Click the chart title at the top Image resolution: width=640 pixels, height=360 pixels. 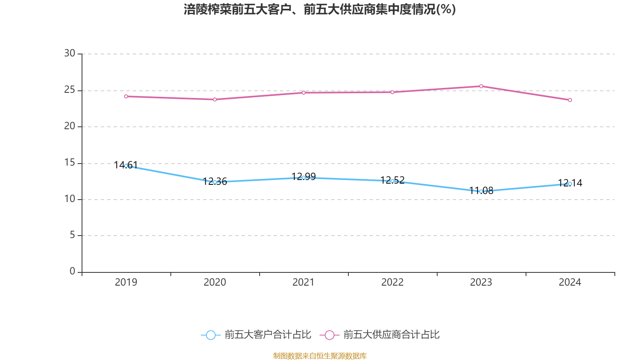click(x=320, y=9)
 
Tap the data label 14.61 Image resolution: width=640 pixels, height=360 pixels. click(x=126, y=165)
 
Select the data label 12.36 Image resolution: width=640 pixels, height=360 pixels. click(x=215, y=181)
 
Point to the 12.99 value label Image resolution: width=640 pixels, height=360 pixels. click(x=304, y=176)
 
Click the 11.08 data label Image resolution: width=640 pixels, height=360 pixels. click(x=481, y=190)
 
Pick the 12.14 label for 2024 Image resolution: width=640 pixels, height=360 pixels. click(x=570, y=183)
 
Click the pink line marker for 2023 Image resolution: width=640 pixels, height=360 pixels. click(x=481, y=86)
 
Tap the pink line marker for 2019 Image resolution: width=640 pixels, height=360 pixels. click(x=126, y=96)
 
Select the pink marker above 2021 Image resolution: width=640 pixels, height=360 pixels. click(x=304, y=92)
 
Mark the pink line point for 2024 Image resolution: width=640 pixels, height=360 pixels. click(x=570, y=100)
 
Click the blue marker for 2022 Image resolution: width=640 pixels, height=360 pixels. click(x=392, y=181)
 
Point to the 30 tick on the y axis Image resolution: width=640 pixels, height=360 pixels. click(x=70, y=53)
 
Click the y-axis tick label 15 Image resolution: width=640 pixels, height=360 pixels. click(x=70, y=162)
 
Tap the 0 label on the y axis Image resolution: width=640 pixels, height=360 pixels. click(x=72, y=271)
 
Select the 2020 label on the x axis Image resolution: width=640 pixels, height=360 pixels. click(x=215, y=282)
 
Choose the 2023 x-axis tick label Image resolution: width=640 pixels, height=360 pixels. click(x=481, y=282)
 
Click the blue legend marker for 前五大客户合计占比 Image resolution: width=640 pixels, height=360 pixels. click(x=210, y=335)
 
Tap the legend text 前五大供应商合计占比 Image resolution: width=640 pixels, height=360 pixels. click(x=391, y=335)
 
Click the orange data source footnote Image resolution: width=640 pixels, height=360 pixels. click(x=320, y=356)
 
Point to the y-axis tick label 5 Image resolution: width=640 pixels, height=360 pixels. click(x=72, y=235)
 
